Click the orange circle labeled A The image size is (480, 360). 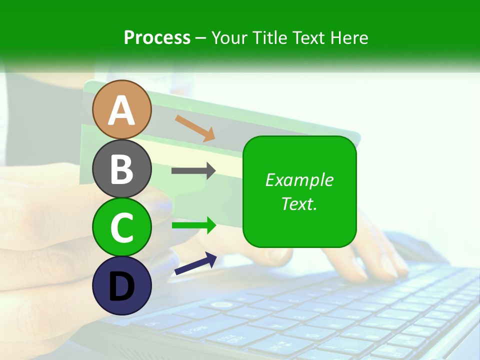pos(121,109)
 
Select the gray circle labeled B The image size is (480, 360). pos(121,168)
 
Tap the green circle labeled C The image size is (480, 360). pos(121,227)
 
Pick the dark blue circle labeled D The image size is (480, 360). pos(121,285)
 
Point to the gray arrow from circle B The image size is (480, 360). pos(193,170)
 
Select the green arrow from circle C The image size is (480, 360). pos(193,225)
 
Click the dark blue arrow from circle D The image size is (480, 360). pos(195,263)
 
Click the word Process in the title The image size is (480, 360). pos(157,37)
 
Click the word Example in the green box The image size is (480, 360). pos(299,180)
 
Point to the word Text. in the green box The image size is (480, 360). pos(299,203)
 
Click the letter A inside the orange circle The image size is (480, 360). pos(121,110)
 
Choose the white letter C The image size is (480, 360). pos(121,227)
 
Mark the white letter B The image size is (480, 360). pos(121,169)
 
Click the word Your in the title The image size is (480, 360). pos(229,37)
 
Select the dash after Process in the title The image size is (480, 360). pos(200,38)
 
